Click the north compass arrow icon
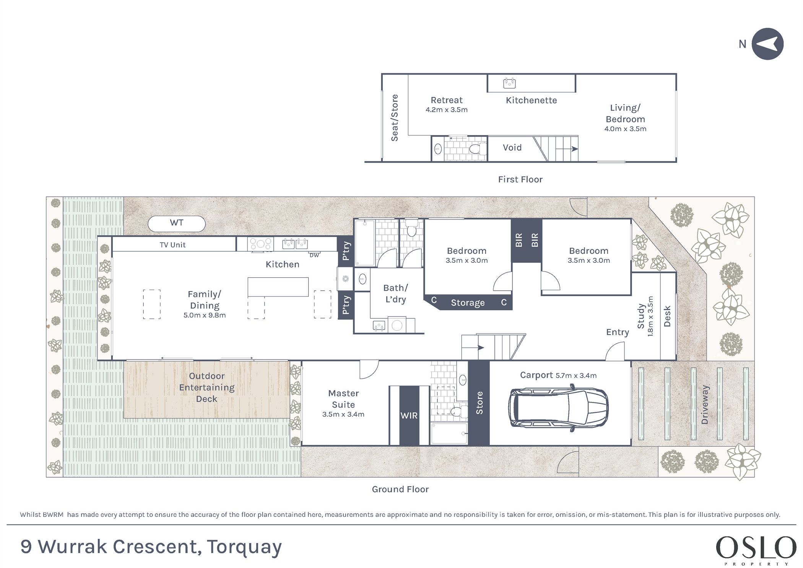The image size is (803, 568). tap(767, 44)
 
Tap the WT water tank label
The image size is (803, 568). tap(177, 223)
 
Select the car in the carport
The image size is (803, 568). tap(558, 408)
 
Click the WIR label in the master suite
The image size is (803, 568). tap(409, 415)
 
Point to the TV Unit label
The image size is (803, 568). tap(172, 245)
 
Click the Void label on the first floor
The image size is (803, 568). tap(512, 148)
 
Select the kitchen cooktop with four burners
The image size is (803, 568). tap(260, 244)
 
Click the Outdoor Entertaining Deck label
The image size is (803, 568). tap(207, 387)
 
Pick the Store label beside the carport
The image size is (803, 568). tap(479, 403)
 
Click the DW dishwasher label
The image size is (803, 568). tap(314, 256)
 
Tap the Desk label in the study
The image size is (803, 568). tap(667, 316)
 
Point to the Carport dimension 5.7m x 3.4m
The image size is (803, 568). tap(576, 376)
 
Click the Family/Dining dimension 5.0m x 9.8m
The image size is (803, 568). tap(205, 316)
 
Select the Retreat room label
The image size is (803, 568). tap(447, 100)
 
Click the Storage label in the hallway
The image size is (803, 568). tap(468, 303)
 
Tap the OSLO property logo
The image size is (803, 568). tap(756, 550)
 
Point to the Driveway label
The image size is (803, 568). tap(705, 405)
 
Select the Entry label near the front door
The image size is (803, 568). tap(618, 332)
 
